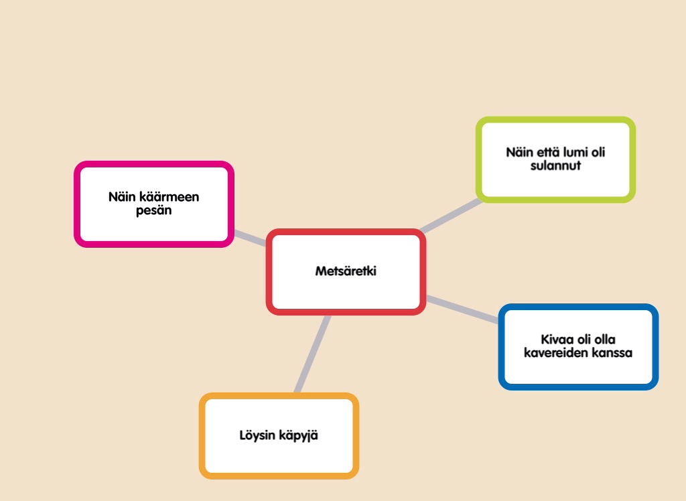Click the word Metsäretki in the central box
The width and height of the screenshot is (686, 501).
click(346, 271)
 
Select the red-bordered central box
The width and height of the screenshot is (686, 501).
click(346, 295)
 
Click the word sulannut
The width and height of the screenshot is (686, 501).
click(555, 165)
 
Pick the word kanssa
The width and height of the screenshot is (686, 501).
click(612, 352)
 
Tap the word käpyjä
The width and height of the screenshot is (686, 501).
click(299, 436)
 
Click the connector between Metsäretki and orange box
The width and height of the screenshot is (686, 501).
click(312, 354)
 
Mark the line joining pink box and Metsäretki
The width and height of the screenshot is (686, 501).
click(249, 237)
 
